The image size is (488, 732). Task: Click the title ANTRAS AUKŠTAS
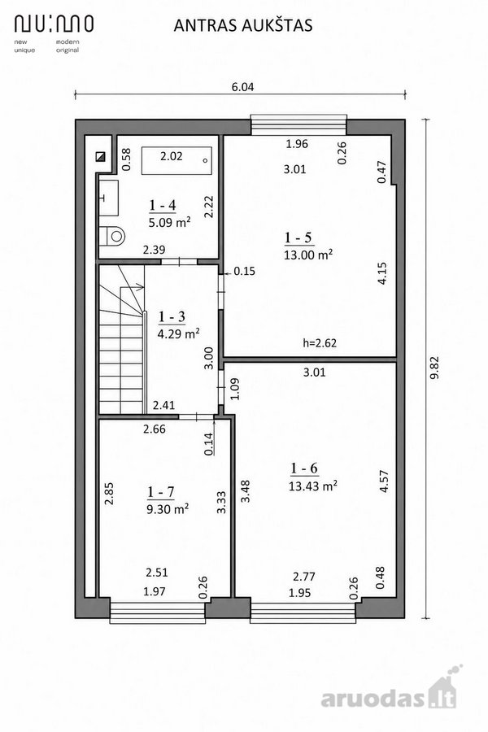[243, 25]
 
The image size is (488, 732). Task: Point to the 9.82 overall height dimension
[434, 368]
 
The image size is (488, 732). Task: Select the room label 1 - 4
[163, 205]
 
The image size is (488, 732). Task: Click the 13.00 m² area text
[308, 255]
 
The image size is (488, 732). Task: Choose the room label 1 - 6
[304, 468]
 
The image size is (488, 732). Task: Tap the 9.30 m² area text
[168, 508]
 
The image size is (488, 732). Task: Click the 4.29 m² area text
[178, 333]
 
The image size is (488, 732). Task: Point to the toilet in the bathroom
[112, 236]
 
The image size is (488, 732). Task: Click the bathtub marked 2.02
[176, 160]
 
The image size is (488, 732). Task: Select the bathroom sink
[108, 198]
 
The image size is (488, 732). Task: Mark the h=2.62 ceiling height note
[320, 343]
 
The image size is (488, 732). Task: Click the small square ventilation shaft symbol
[100, 156]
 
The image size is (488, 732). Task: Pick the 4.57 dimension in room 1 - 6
[385, 481]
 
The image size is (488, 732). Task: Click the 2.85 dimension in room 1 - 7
[109, 494]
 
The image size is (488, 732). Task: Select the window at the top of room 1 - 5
[298, 124]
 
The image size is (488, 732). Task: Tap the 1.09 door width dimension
[235, 389]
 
